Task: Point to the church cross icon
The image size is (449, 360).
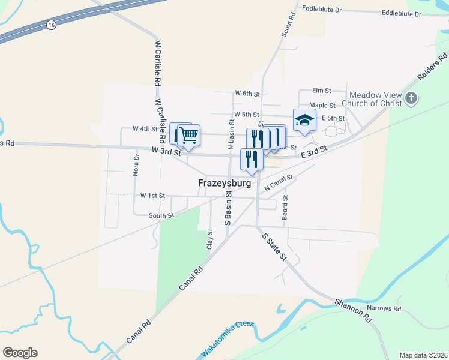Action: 411,98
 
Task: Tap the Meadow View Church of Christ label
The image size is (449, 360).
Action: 376,99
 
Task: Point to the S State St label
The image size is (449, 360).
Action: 275,247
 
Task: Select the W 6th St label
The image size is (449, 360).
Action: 247,94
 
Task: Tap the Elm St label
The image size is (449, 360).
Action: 322,91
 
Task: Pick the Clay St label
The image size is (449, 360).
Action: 210,239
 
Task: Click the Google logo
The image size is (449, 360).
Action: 20,353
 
